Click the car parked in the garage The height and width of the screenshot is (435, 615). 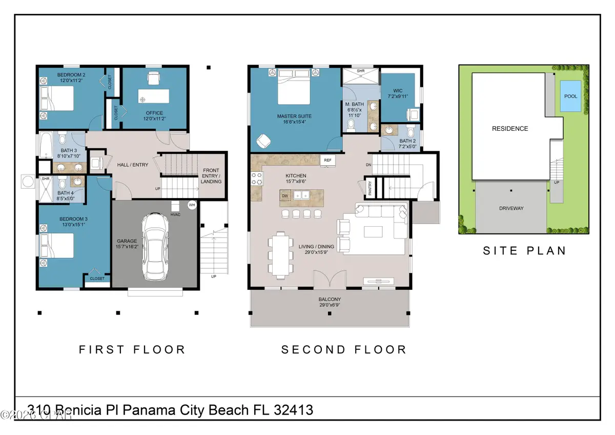click(155, 246)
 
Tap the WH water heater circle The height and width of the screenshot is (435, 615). click(192, 205)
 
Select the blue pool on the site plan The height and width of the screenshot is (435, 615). click(571, 96)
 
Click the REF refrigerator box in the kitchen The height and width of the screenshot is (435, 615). click(327, 161)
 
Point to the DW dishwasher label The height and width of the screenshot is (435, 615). click(284, 195)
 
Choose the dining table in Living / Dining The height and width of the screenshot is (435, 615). click(280, 253)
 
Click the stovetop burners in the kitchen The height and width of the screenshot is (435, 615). click(256, 179)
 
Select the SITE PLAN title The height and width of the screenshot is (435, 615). click(525, 251)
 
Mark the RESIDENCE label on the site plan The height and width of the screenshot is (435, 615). click(510, 129)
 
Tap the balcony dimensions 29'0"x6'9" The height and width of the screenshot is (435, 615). click(330, 306)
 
